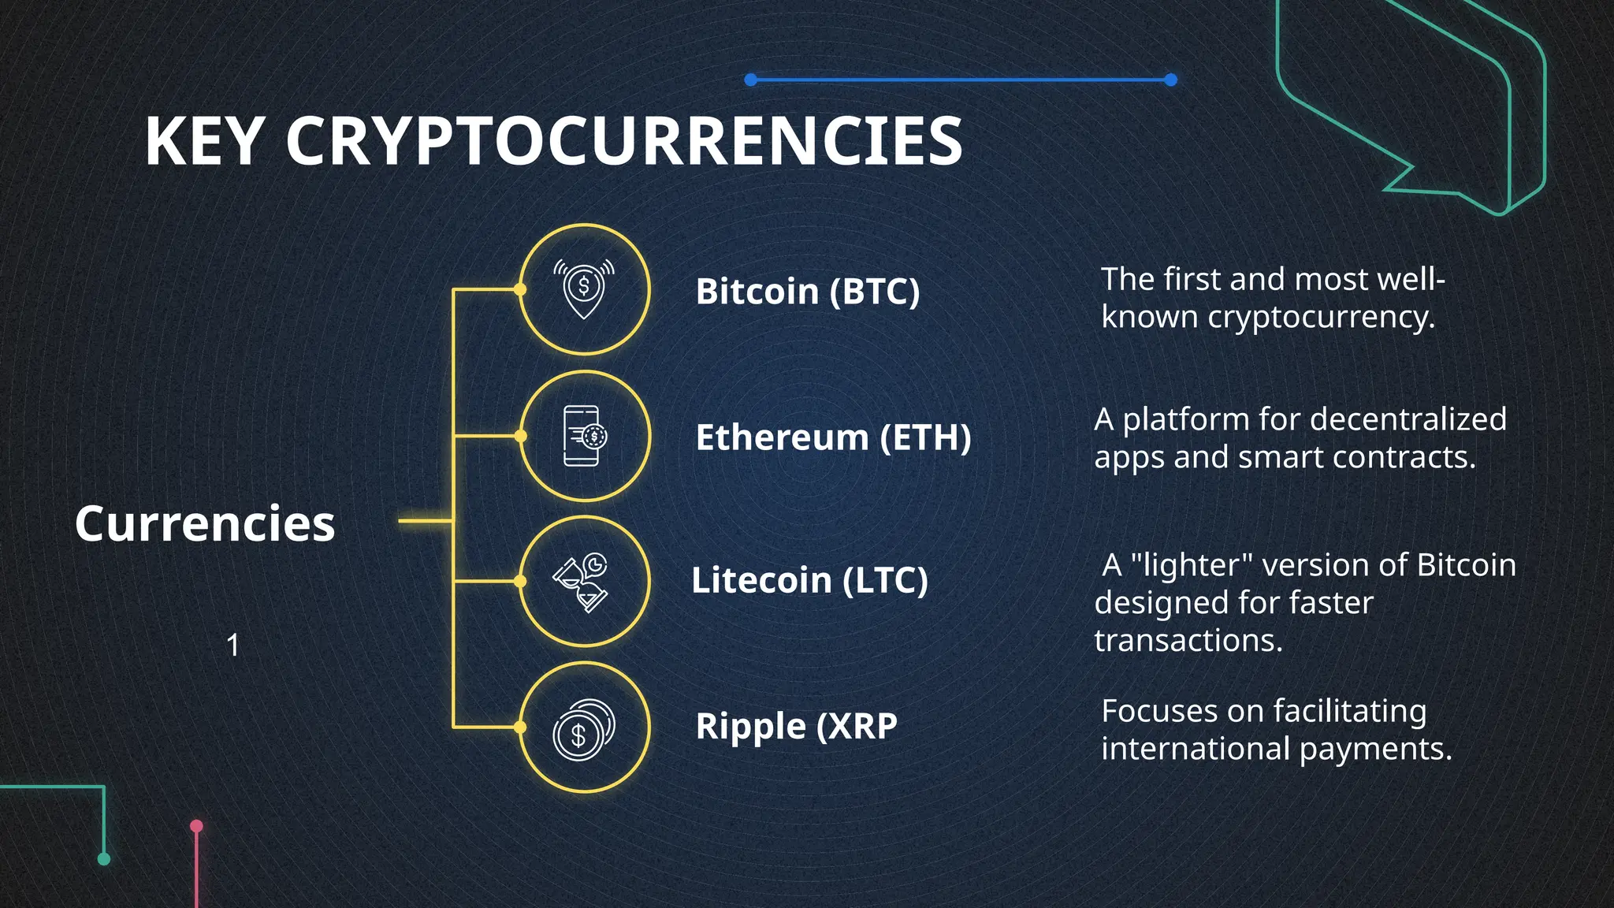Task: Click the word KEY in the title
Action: (203, 142)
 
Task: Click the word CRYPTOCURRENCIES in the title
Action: (623, 142)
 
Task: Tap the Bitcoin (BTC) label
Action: (808, 292)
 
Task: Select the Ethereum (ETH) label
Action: (833, 437)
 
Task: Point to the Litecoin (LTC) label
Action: (809, 581)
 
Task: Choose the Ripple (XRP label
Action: (796, 726)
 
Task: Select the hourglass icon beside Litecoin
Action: (582, 583)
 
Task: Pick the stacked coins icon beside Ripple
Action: (583, 730)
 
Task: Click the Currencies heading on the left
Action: (205, 523)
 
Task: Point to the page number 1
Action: (233, 646)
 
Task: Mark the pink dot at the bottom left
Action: (197, 826)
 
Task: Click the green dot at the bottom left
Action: (103, 859)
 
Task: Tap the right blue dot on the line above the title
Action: (1170, 80)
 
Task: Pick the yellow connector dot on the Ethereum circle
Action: (520, 436)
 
